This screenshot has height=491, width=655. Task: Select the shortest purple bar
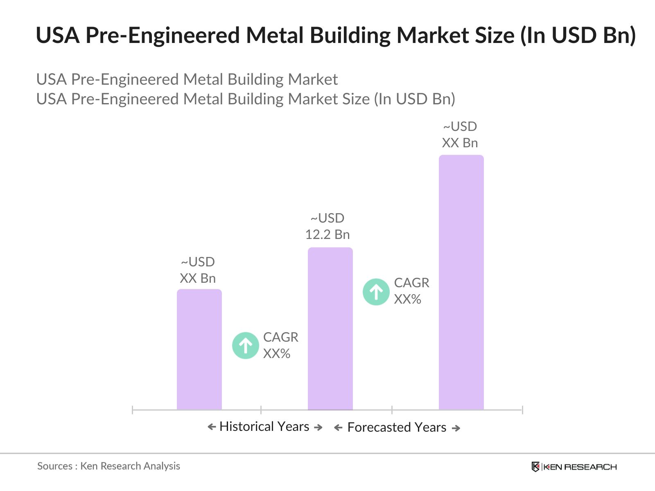click(x=199, y=349)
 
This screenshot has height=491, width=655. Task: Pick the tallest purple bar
click(x=461, y=282)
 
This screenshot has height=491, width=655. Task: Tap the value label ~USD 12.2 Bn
click(x=327, y=226)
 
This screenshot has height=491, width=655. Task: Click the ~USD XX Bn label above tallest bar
click(x=460, y=135)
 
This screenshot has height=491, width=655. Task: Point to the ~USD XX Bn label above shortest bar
click(x=198, y=270)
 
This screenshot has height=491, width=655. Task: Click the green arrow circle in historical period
click(x=245, y=346)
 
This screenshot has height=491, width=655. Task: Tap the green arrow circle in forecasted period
click(x=376, y=292)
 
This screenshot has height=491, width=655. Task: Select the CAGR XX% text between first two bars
click(x=280, y=345)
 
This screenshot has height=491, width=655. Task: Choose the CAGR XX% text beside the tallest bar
click(x=411, y=291)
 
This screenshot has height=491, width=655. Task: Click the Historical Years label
click(x=264, y=426)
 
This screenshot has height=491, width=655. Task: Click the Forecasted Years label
click(x=396, y=427)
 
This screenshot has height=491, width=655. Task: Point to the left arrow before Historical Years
click(x=212, y=427)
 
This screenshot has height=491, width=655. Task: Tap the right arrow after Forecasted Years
click(x=456, y=428)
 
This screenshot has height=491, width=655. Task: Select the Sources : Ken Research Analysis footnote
click(x=108, y=466)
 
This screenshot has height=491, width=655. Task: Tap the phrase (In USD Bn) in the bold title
click(x=578, y=35)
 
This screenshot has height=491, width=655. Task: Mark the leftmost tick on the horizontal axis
click(x=133, y=410)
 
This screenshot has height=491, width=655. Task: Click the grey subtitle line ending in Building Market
click(x=187, y=79)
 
